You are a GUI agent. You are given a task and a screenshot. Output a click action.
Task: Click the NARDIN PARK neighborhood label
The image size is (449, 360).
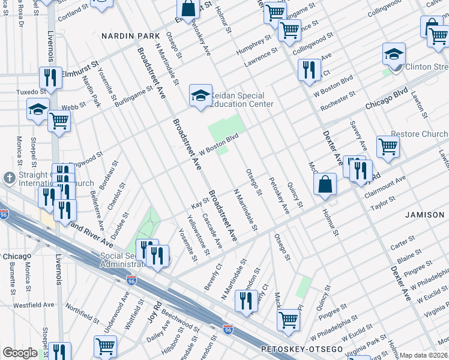coord(127,36)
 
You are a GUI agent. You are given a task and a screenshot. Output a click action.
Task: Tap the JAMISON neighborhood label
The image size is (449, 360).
coord(424,214)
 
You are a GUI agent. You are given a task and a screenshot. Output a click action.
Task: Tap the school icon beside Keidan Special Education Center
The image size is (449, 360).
coord(199,95)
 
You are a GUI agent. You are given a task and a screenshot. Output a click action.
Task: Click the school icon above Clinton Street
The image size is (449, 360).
coord(394,55)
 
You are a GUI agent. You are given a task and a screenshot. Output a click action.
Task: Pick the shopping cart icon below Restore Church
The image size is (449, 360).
coord(388,146)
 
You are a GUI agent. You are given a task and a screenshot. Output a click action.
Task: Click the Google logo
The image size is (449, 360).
coord(20,353)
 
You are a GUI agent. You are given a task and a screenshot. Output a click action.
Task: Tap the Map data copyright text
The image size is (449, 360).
coord(424,355)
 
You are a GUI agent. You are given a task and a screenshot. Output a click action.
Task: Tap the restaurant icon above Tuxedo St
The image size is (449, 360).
coord(49,77)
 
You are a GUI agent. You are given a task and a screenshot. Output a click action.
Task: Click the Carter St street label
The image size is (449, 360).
coord(399,247)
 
